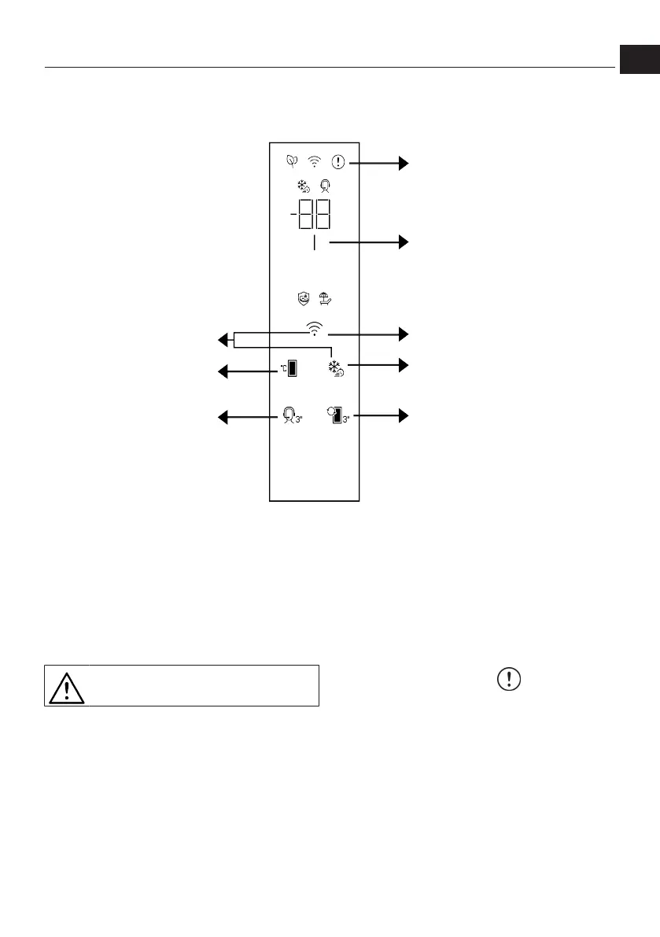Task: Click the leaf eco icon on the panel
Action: tap(292, 162)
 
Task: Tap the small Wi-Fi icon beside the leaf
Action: tap(315, 163)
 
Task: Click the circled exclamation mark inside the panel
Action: tap(338, 162)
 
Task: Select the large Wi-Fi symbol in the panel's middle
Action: tap(315, 329)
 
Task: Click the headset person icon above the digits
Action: tap(326, 187)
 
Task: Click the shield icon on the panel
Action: tap(303, 298)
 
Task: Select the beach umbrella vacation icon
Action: tap(325, 298)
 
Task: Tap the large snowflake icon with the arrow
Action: tap(337, 368)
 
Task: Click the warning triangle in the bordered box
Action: tap(66, 687)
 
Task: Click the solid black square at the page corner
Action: tap(638, 59)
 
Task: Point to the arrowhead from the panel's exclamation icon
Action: tap(404, 163)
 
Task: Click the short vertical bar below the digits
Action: tap(314, 244)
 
